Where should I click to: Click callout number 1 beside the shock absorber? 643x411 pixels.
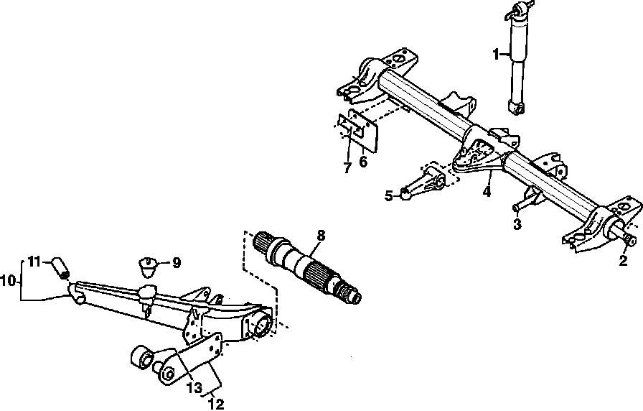(495, 52)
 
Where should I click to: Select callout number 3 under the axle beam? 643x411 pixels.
(517, 224)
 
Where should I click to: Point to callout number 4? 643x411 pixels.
(487, 192)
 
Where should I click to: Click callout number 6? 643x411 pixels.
(363, 162)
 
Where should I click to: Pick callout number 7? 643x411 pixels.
(347, 167)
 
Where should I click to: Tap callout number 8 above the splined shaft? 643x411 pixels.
(321, 235)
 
